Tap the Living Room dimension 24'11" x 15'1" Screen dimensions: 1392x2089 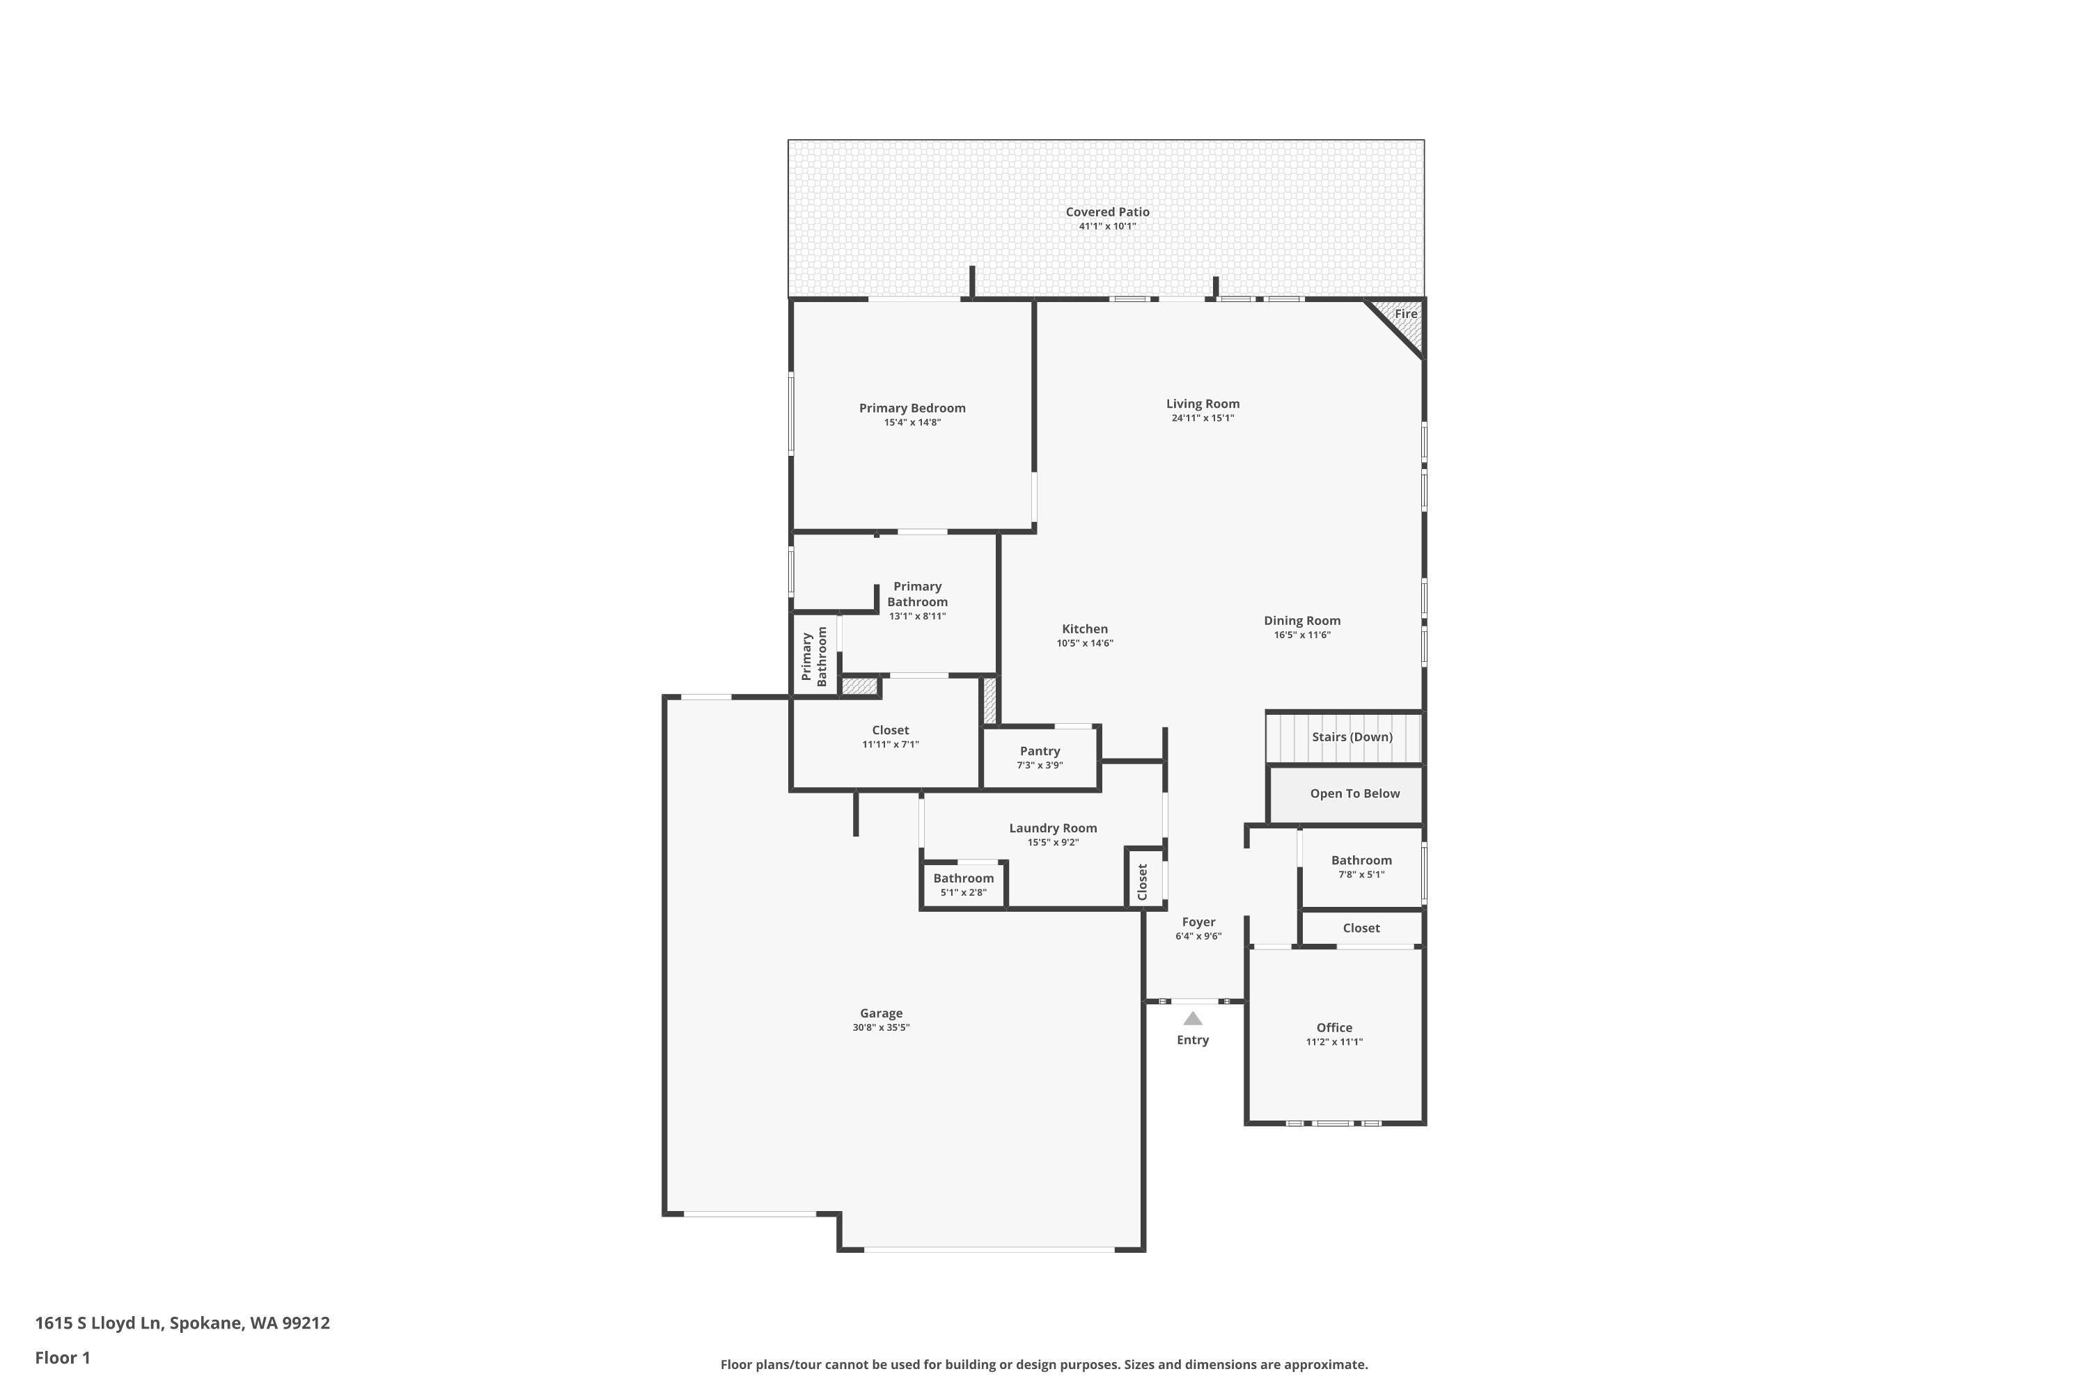tap(1202, 418)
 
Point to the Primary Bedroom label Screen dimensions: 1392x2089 tap(912, 409)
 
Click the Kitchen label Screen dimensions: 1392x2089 tap(1084, 628)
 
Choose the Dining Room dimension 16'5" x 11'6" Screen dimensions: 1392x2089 tap(1301, 635)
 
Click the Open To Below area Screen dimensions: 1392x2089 tap(1354, 793)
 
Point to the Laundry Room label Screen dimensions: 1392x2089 tap(1052, 828)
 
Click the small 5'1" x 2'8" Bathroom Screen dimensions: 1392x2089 tap(963, 884)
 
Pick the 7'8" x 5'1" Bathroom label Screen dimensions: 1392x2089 tap(1361, 860)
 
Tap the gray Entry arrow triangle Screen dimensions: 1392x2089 tap(1192, 1019)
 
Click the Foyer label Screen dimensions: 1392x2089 tap(1198, 922)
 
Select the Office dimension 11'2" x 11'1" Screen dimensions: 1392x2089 tap(1333, 1042)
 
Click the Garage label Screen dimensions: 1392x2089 tap(880, 1013)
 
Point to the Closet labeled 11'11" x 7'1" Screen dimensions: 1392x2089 tap(889, 736)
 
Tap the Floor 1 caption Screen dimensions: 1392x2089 tap(62, 1357)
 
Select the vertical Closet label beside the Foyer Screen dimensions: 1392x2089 tap(1142, 882)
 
